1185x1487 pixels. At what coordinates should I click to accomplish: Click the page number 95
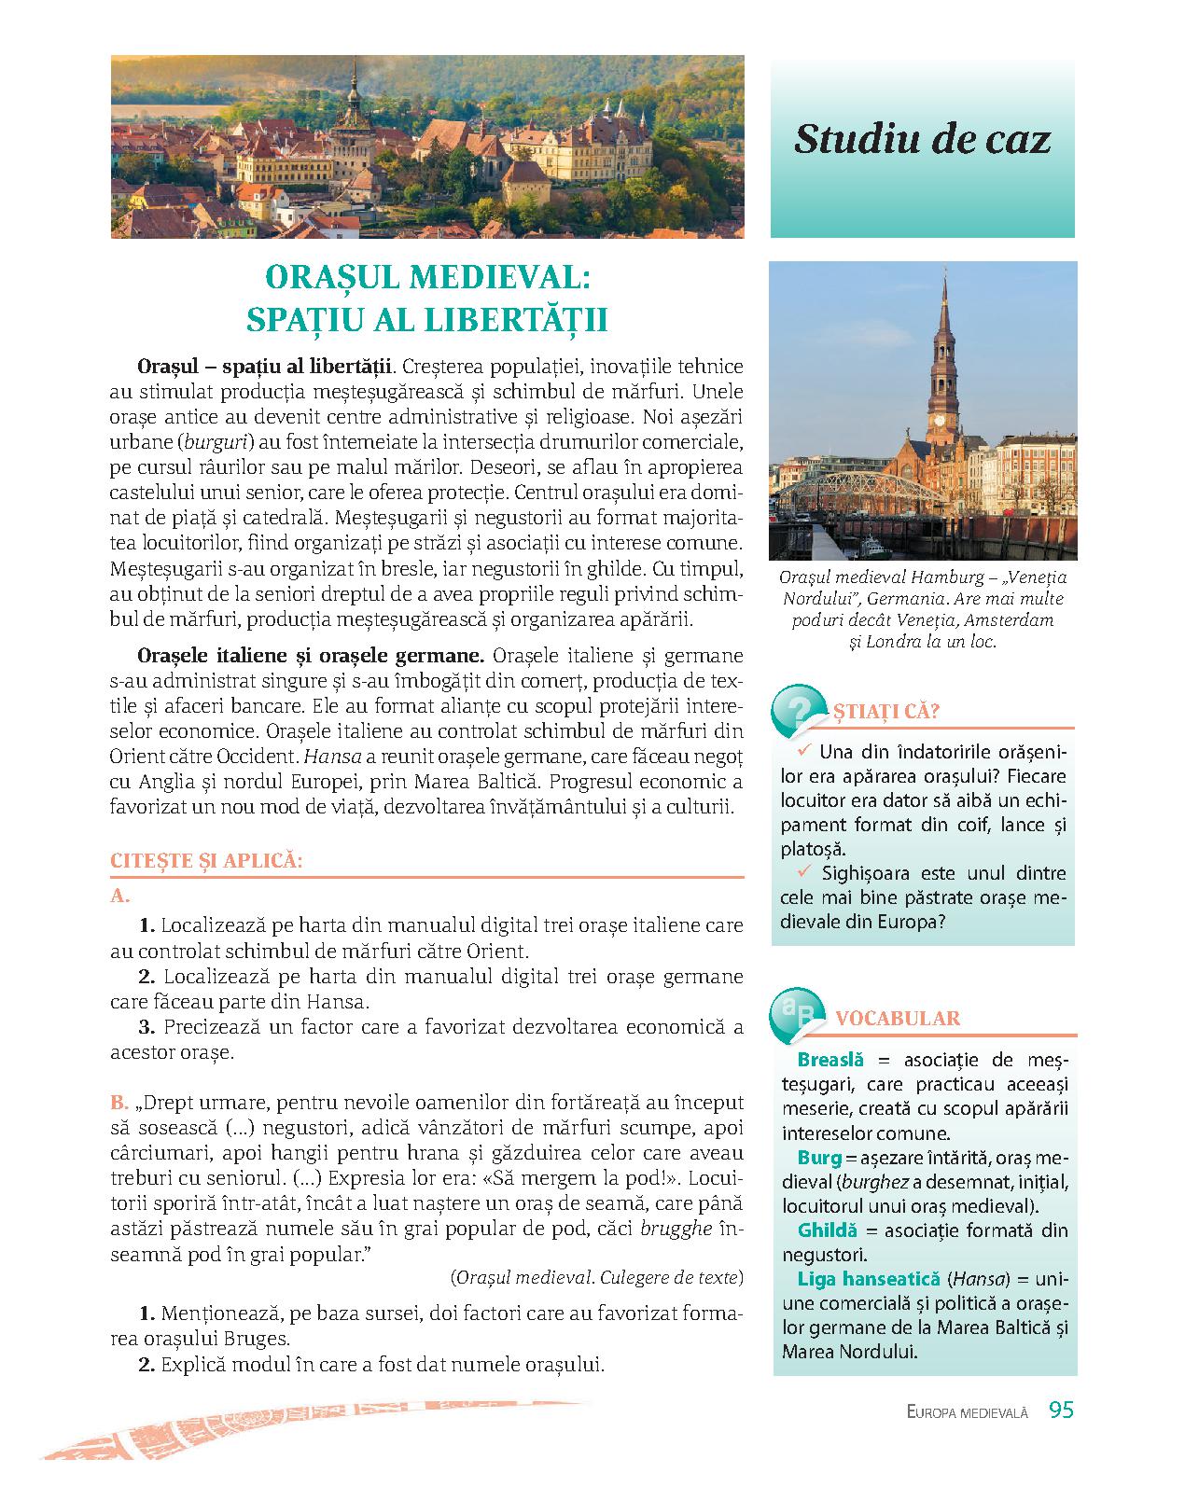click(1061, 1410)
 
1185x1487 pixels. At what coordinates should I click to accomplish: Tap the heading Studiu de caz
click(922, 140)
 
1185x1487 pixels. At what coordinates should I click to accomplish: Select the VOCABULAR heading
click(897, 1018)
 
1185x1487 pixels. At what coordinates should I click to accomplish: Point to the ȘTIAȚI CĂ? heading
click(885, 711)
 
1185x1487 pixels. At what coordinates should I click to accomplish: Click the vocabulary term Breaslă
click(829, 1060)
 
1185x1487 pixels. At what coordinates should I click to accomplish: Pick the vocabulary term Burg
click(819, 1158)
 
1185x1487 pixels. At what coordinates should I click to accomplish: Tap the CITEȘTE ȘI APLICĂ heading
click(206, 861)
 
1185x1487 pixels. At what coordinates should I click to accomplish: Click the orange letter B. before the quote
click(118, 1102)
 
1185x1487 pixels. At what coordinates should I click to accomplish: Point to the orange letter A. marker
click(118, 896)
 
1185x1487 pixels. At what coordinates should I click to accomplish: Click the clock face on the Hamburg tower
click(940, 418)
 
